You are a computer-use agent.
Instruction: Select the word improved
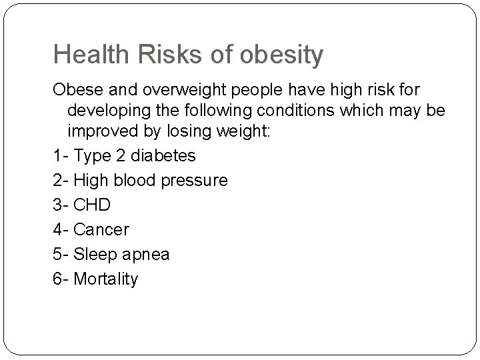point(99,131)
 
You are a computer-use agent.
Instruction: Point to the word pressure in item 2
point(198,180)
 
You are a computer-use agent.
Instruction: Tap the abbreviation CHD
point(92,205)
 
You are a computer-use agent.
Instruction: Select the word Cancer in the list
point(101,229)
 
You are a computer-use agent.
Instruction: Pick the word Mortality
point(105,279)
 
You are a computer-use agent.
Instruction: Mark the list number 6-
point(61,279)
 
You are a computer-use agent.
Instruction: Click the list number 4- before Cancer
point(61,229)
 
